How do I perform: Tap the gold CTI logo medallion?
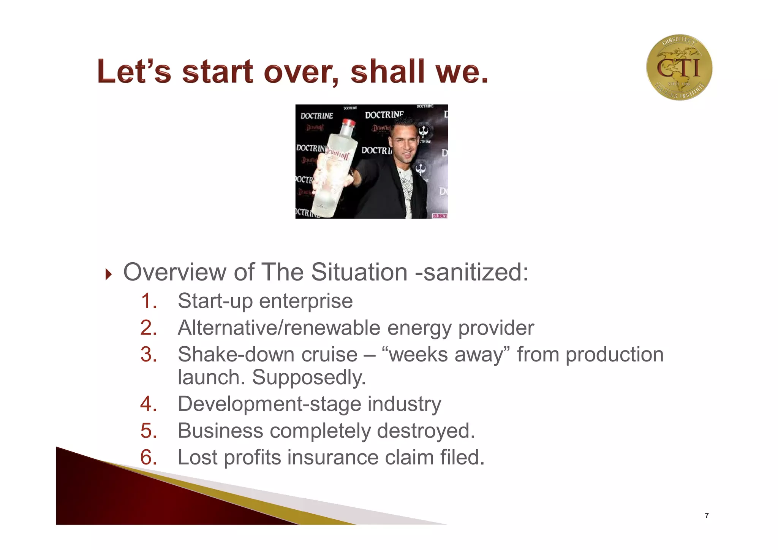tap(679, 68)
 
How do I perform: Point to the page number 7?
tap(707, 515)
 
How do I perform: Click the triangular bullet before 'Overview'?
tap(109, 274)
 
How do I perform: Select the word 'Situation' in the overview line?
tap(359, 272)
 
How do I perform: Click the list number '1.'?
tap(149, 301)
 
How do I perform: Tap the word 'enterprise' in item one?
tap(306, 301)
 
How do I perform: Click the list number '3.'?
tap(149, 354)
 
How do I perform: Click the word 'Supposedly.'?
tap(309, 377)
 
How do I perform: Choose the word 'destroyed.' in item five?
tap(426, 431)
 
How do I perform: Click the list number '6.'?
tap(149, 457)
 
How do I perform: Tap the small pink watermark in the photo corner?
tap(440, 216)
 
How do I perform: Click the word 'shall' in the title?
tap(387, 71)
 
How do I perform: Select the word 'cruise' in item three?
tap(329, 354)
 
